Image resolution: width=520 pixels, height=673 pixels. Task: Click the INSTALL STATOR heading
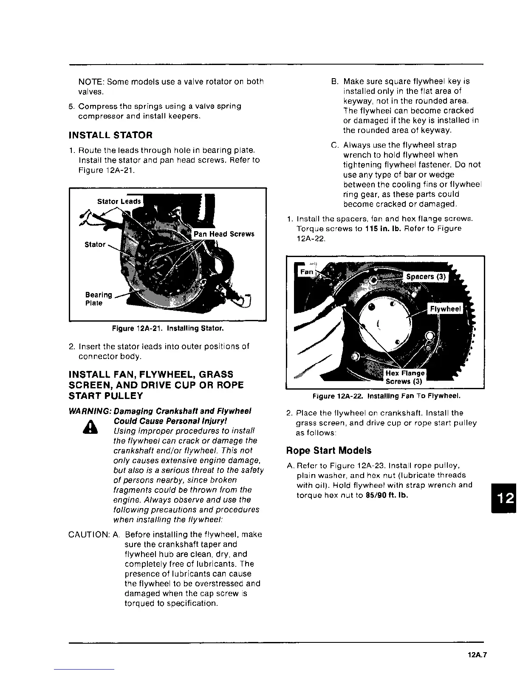click(x=110, y=135)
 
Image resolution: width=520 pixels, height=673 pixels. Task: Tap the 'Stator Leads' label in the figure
click(x=119, y=201)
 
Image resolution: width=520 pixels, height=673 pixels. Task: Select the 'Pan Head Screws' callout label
click(x=224, y=234)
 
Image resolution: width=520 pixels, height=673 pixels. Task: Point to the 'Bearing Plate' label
click(x=99, y=299)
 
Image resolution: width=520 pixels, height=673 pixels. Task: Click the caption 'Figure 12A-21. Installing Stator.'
click(x=167, y=328)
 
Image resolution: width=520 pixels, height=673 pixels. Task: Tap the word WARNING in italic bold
click(x=88, y=411)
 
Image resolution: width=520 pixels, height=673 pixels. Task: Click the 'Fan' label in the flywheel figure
click(x=307, y=272)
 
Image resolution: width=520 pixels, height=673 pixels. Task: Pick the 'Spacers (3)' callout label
click(x=426, y=277)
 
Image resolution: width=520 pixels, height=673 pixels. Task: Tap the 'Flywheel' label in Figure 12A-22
click(x=445, y=309)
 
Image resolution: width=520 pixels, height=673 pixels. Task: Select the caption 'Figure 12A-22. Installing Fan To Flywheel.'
click(x=386, y=396)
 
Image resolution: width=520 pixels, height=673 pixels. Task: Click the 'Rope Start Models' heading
click(x=329, y=450)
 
